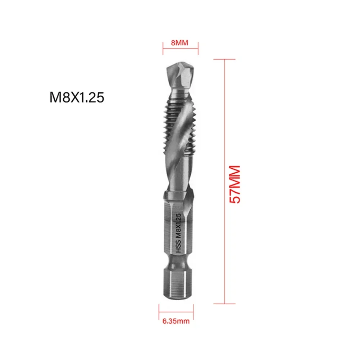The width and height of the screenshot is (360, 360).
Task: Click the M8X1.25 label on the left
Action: pyautogui.click(x=77, y=97)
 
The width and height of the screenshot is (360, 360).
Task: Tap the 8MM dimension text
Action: pyautogui.click(x=180, y=43)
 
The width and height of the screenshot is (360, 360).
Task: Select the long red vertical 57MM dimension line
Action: pyautogui.click(x=225, y=180)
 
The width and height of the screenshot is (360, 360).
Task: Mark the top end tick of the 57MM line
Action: pyautogui.click(x=225, y=59)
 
